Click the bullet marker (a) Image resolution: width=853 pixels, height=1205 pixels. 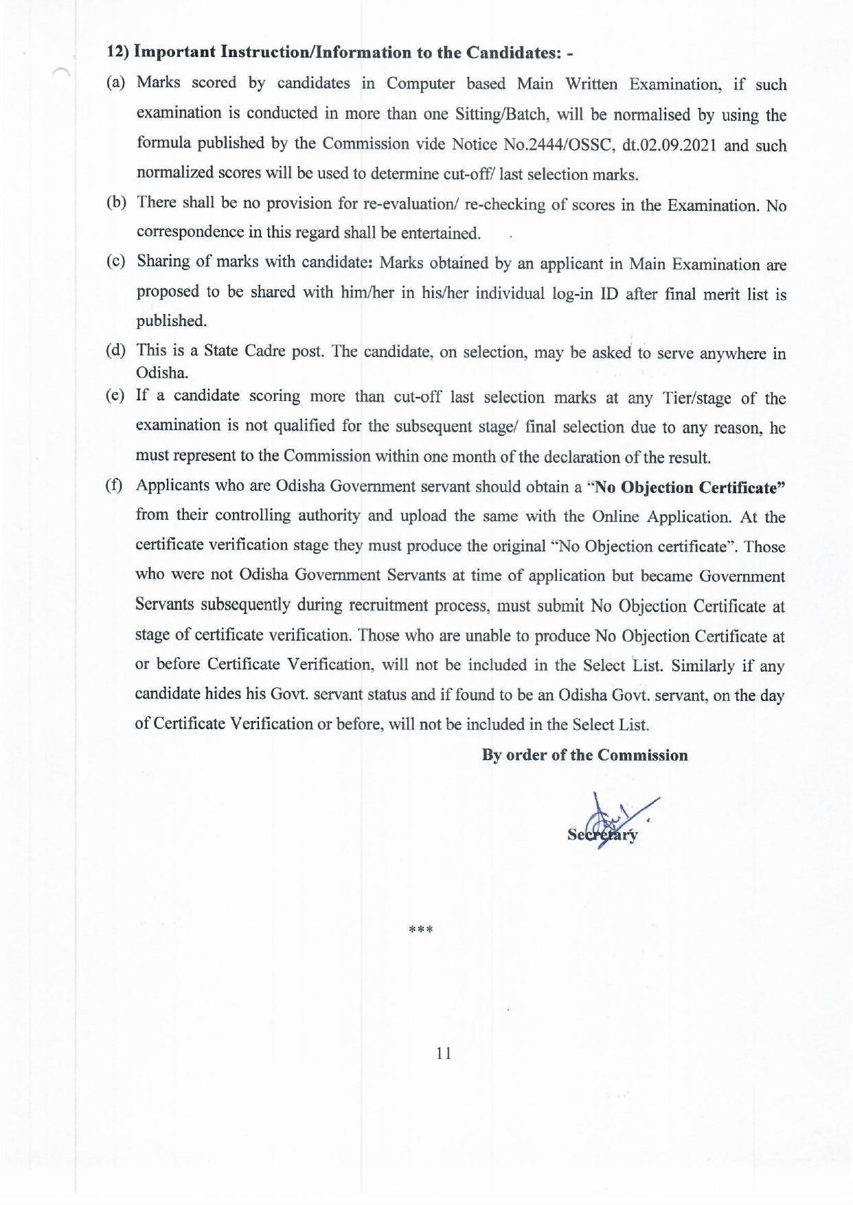click(x=115, y=83)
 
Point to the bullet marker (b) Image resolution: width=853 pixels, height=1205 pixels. click(x=115, y=203)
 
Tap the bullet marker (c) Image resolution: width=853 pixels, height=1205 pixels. click(x=115, y=262)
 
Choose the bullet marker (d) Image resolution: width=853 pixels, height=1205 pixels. click(x=115, y=350)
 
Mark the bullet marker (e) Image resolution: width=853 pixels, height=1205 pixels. click(x=115, y=395)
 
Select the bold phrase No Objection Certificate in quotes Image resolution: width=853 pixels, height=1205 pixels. click(x=689, y=487)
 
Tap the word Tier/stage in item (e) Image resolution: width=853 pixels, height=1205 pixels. click(x=697, y=398)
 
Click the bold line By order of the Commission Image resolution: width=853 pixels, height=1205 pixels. click(x=584, y=755)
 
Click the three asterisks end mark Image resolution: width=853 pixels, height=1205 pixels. click(x=420, y=931)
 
